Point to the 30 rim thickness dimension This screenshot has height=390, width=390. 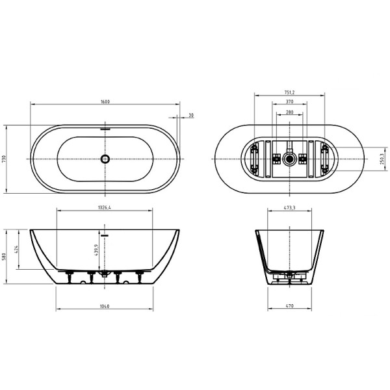click(190, 115)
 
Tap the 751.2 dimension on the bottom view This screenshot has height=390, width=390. click(289, 92)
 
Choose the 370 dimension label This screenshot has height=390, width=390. click(289, 102)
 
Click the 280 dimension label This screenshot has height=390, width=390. click(289, 112)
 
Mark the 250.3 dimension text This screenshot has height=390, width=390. click(384, 159)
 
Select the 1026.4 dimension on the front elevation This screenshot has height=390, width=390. click(106, 208)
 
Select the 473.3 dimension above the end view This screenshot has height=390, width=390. click(289, 208)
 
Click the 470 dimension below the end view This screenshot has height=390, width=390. click(289, 306)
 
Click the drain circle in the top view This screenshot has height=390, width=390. click(105, 159)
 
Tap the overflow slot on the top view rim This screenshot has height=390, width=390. click(105, 128)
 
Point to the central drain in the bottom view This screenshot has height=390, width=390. click(289, 158)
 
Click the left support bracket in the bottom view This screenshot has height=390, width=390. click(254, 159)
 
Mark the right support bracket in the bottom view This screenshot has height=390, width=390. click(324, 159)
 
